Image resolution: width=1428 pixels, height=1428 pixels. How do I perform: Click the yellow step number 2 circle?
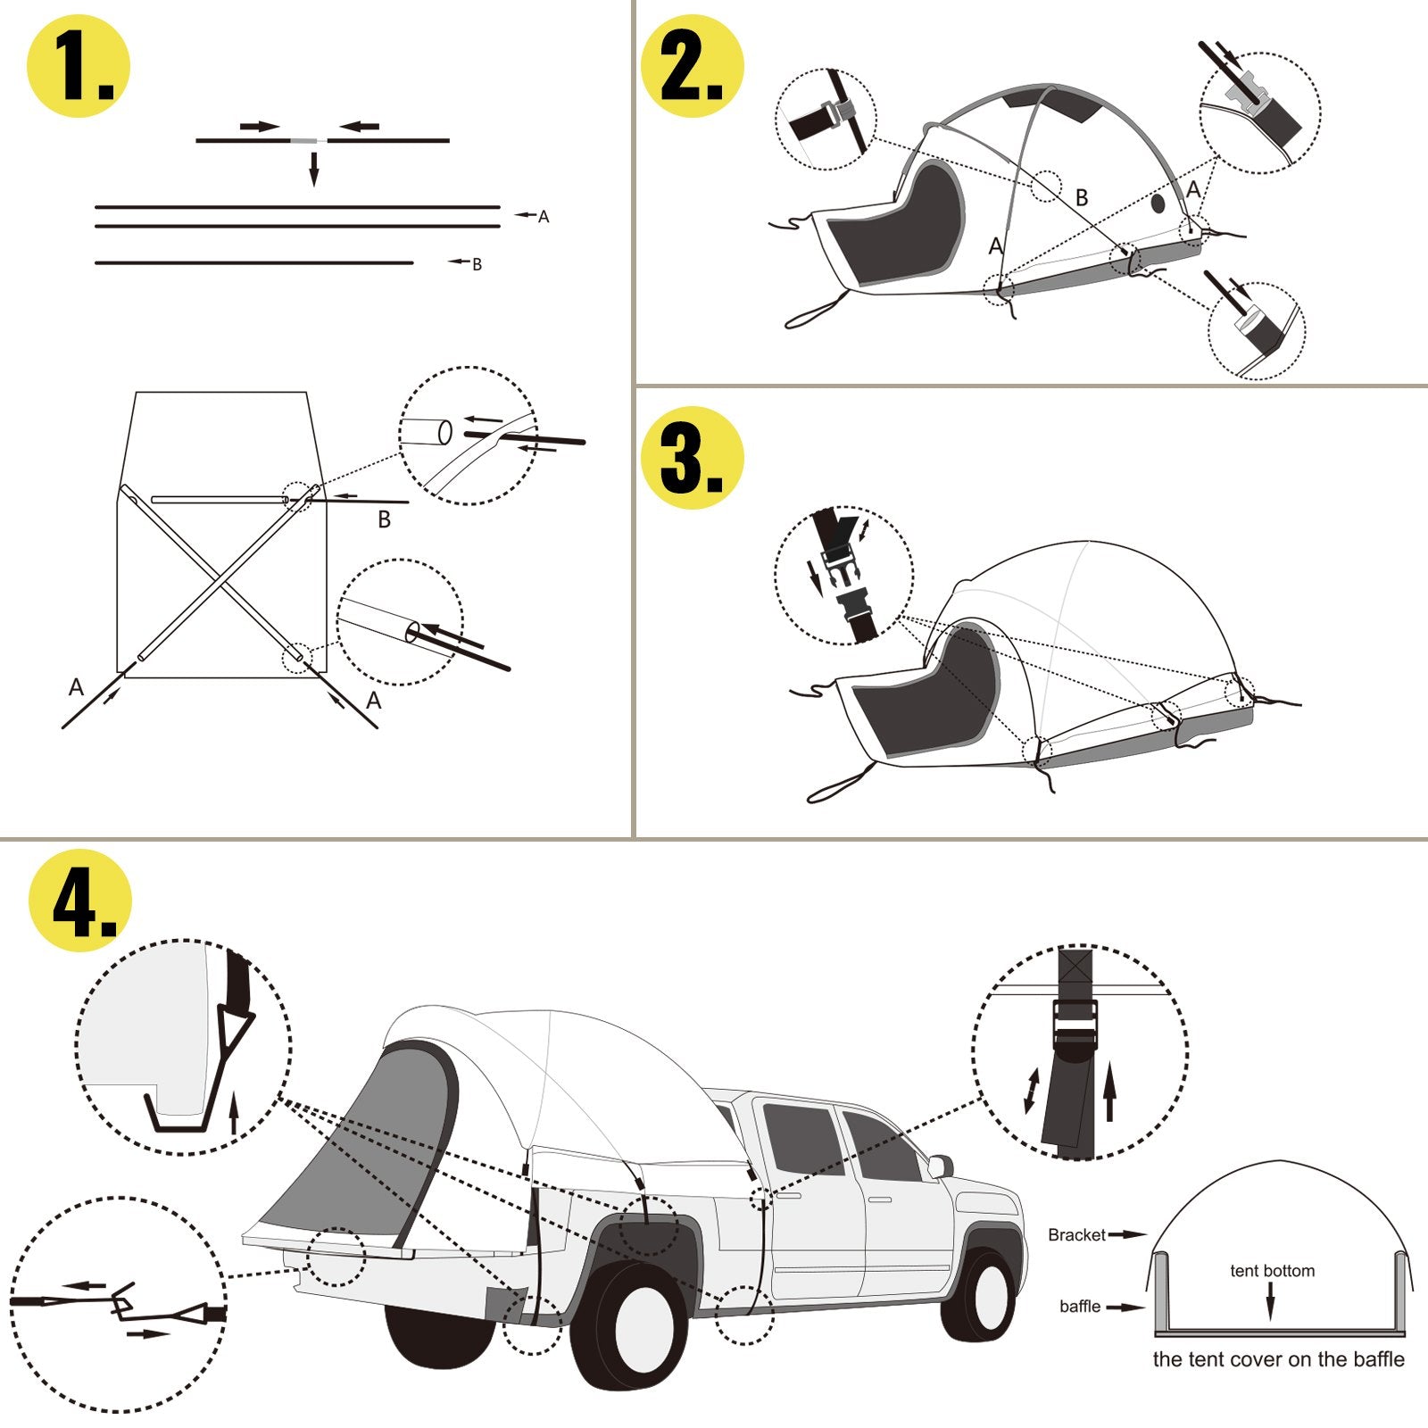click(693, 65)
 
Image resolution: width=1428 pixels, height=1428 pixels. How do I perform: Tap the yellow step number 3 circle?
click(693, 458)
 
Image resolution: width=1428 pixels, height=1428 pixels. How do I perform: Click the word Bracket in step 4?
click(1076, 1235)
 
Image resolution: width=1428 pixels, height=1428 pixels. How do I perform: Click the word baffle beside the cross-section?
click(1080, 1307)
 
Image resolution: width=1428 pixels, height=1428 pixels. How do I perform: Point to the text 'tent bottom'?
click(1272, 1271)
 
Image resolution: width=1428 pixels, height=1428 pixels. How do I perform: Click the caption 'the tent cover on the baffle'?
click(1278, 1360)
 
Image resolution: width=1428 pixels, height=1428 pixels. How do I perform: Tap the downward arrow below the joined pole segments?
click(313, 169)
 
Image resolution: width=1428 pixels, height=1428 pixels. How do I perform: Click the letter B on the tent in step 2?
click(1082, 197)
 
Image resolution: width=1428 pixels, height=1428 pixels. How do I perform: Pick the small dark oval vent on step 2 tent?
click(1158, 203)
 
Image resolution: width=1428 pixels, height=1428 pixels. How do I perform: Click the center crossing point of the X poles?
click(220, 579)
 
